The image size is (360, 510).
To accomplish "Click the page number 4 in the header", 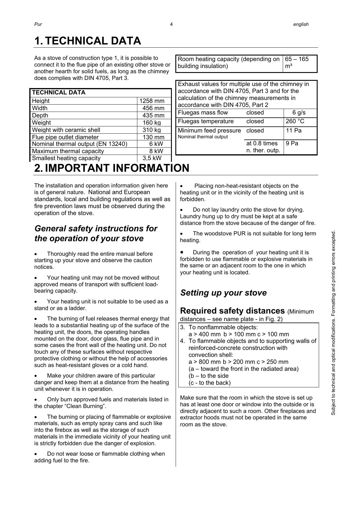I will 171,24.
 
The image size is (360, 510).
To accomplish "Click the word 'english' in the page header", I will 301,24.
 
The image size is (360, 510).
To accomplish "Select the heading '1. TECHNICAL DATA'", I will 88,41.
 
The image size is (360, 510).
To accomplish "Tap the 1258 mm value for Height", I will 152,101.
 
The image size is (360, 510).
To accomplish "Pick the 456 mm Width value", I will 153,108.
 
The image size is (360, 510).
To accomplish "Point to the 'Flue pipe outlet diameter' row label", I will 65,137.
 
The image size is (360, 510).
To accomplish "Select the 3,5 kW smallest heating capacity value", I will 152,158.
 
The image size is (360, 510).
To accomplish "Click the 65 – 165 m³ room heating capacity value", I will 297,62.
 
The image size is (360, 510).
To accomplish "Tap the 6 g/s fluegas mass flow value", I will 299,113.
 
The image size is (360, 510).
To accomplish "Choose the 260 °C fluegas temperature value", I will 295,121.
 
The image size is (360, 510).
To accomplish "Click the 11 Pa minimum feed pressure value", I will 294,130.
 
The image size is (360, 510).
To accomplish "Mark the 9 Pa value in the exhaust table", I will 292,143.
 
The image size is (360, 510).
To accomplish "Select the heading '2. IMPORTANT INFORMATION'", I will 112,168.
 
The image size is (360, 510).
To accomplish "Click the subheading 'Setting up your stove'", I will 223,293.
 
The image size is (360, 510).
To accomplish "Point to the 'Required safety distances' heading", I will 232,311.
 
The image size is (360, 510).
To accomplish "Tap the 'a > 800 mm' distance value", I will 204,362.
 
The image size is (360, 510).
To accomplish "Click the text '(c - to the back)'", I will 209,383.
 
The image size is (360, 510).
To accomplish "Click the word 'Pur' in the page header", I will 38,24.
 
